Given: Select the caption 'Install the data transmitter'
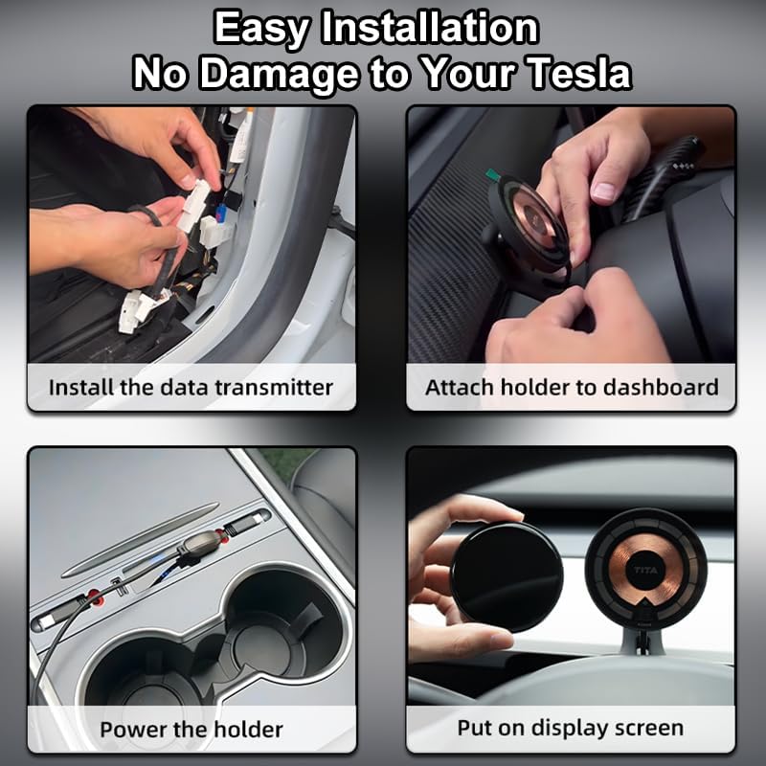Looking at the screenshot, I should click(x=191, y=388).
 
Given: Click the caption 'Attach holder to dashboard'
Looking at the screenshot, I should click(x=572, y=388).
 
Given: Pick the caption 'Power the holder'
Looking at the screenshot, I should click(x=191, y=730).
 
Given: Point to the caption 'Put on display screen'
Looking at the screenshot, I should click(x=571, y=728).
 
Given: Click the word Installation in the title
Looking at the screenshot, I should click(x=428, y=28).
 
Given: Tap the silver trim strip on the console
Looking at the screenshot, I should click(x=139, y=541).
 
